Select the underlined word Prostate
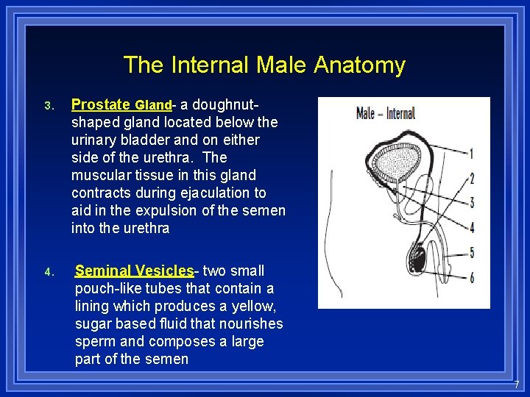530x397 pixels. pyautogui.click(x=101, y=104)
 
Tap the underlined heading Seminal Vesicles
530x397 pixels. pyautogui.click(x=134, y=271)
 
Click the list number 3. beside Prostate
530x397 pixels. pyautogui.click(x=49, y=106)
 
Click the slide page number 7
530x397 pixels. pyautogui.click(x=517, y=384)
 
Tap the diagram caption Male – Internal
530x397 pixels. pyautogui.click(x=385, y=113)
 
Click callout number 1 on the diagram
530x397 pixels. pyautogui.click(x=471, y=154)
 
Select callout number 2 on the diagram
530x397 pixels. pyautogui.click(x=471, y=179)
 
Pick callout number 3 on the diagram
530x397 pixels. pyautogui.click(x=471, y=202)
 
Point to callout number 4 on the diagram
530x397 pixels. pyautogui.click(x=471, y=227)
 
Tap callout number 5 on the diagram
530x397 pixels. pyautogui.click(x=471, y=252)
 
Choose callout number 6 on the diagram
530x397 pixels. pyautogui.click(x=471, y=277)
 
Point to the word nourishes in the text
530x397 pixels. pyautogui.click(x=252, y=323)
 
